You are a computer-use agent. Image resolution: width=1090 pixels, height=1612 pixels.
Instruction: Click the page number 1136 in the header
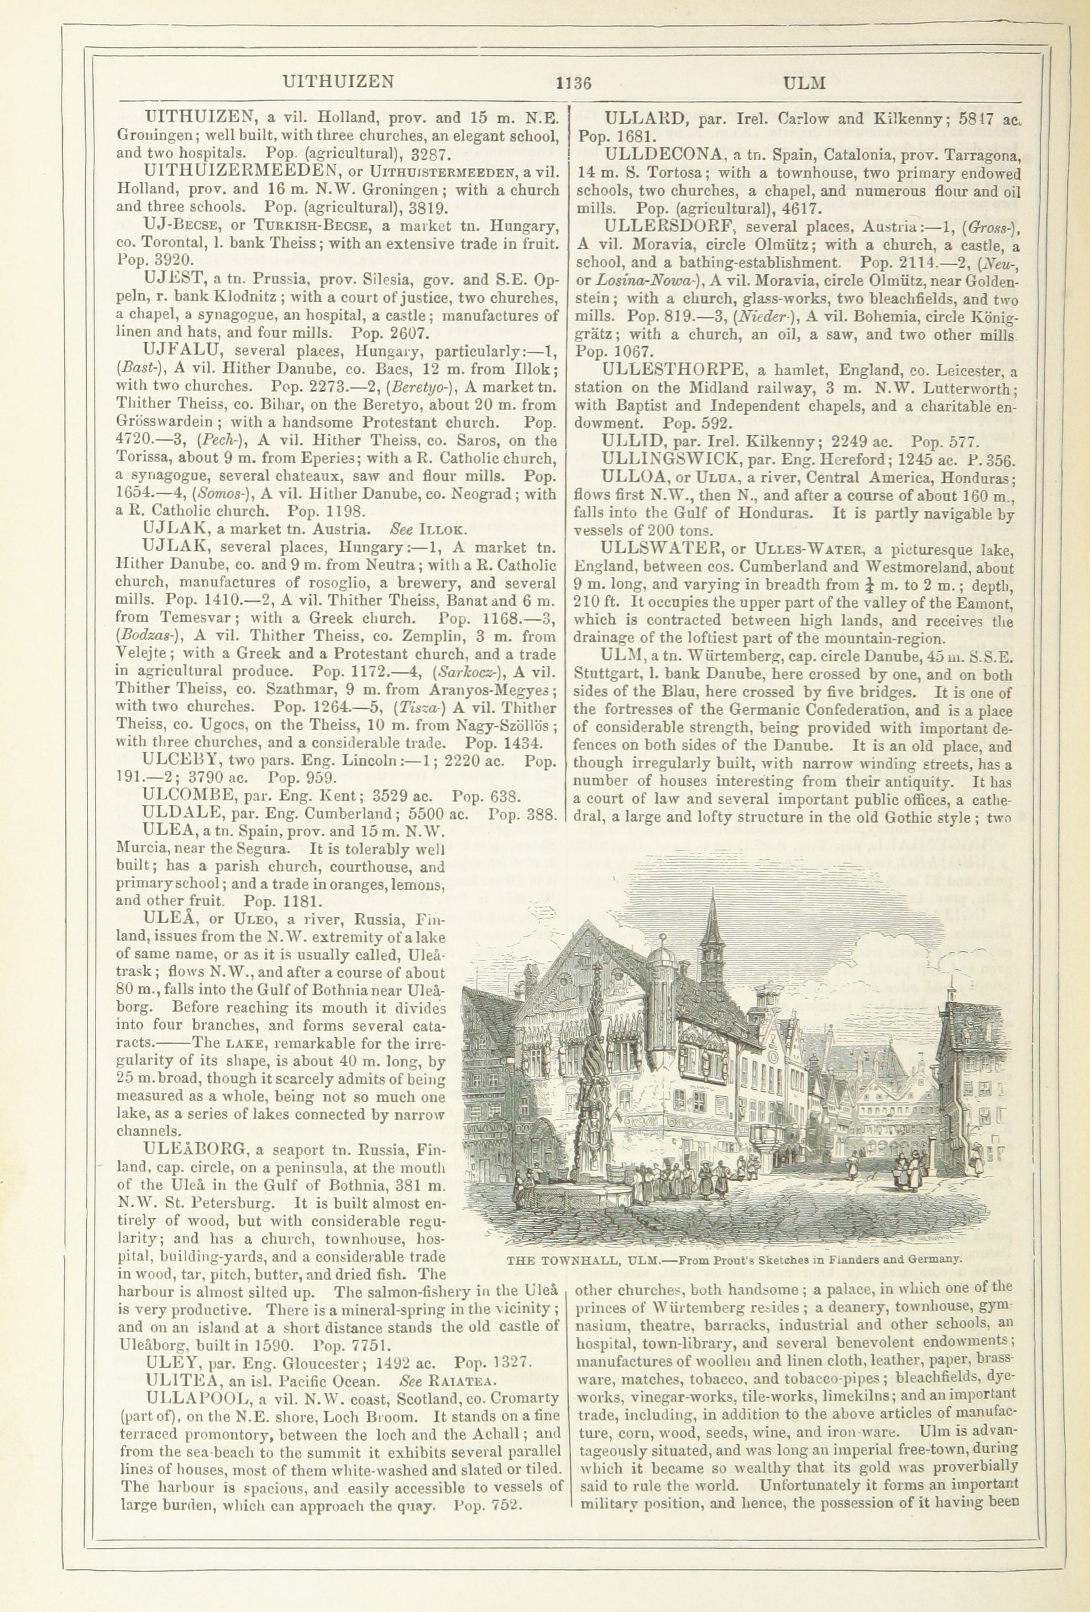click(572, 83)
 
